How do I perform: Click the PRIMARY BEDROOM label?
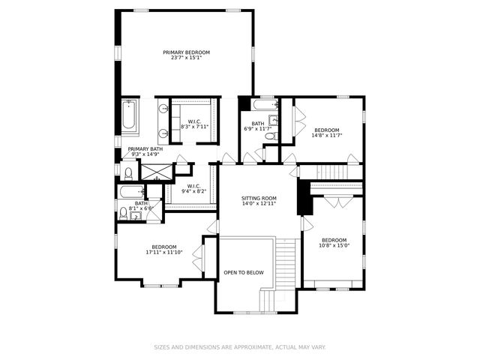click(186, 52)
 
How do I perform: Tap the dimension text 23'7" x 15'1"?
click(186, 58)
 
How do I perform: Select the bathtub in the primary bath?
click(129, 118)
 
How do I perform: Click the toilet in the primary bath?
click(128, 173)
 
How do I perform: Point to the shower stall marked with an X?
click(154, 172)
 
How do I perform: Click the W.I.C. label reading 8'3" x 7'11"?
click(193, 124)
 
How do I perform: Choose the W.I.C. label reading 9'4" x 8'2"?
click(193, 188)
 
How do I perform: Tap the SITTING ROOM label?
click(259, 198)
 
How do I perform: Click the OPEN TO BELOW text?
click(244, 272)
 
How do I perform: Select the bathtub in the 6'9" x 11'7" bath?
click(265, 105)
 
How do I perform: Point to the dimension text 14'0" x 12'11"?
click(259, 204)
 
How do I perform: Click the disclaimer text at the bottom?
click(239, 347)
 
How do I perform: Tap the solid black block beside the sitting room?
click(304, 198)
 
